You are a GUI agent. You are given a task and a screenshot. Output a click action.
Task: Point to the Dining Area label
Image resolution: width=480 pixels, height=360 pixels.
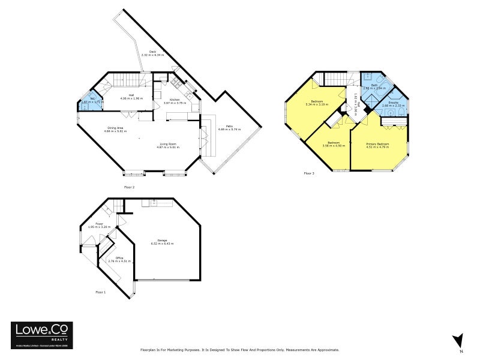(x=116, y=129)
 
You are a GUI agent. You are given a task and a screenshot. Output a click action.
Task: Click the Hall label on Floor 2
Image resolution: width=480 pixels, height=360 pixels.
(x=131, y=97)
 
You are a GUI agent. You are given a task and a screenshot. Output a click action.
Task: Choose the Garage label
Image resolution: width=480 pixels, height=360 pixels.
(x=162, y=241)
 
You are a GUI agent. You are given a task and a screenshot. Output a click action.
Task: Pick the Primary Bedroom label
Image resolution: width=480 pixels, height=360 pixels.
(x=378, y=145)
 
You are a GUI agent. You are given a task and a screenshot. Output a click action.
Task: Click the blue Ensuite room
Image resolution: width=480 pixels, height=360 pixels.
(x=394, y=104)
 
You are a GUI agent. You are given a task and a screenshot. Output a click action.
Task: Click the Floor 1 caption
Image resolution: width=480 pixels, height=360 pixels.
(x=100, y=292)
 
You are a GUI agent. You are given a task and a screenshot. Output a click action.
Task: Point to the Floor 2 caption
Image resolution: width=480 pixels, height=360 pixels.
(x=130, y=187)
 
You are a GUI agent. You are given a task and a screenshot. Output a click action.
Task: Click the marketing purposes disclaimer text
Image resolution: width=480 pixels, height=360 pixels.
(x=240, y=350)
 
